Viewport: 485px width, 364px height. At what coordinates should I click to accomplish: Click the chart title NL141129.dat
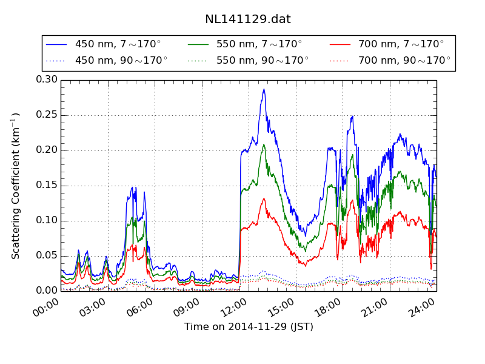[x=247, y=19]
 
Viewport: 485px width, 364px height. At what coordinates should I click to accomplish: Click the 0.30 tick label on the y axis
[x=46, y=80]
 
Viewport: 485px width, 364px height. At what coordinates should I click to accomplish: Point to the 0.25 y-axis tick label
[x=46, y=115]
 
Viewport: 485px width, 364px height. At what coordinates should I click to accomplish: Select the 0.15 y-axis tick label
[x=46, y=186]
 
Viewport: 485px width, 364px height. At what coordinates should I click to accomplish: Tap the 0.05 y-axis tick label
[x=46, y=255]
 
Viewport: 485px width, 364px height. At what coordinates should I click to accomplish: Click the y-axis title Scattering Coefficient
[x=16, y=186]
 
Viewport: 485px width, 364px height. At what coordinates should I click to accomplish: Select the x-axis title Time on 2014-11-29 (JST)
[x=249, y=327]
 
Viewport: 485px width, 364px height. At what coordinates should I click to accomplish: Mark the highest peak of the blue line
[x=264, y=89]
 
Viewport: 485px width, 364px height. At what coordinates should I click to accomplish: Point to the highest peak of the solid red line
[x=263, y=198]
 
